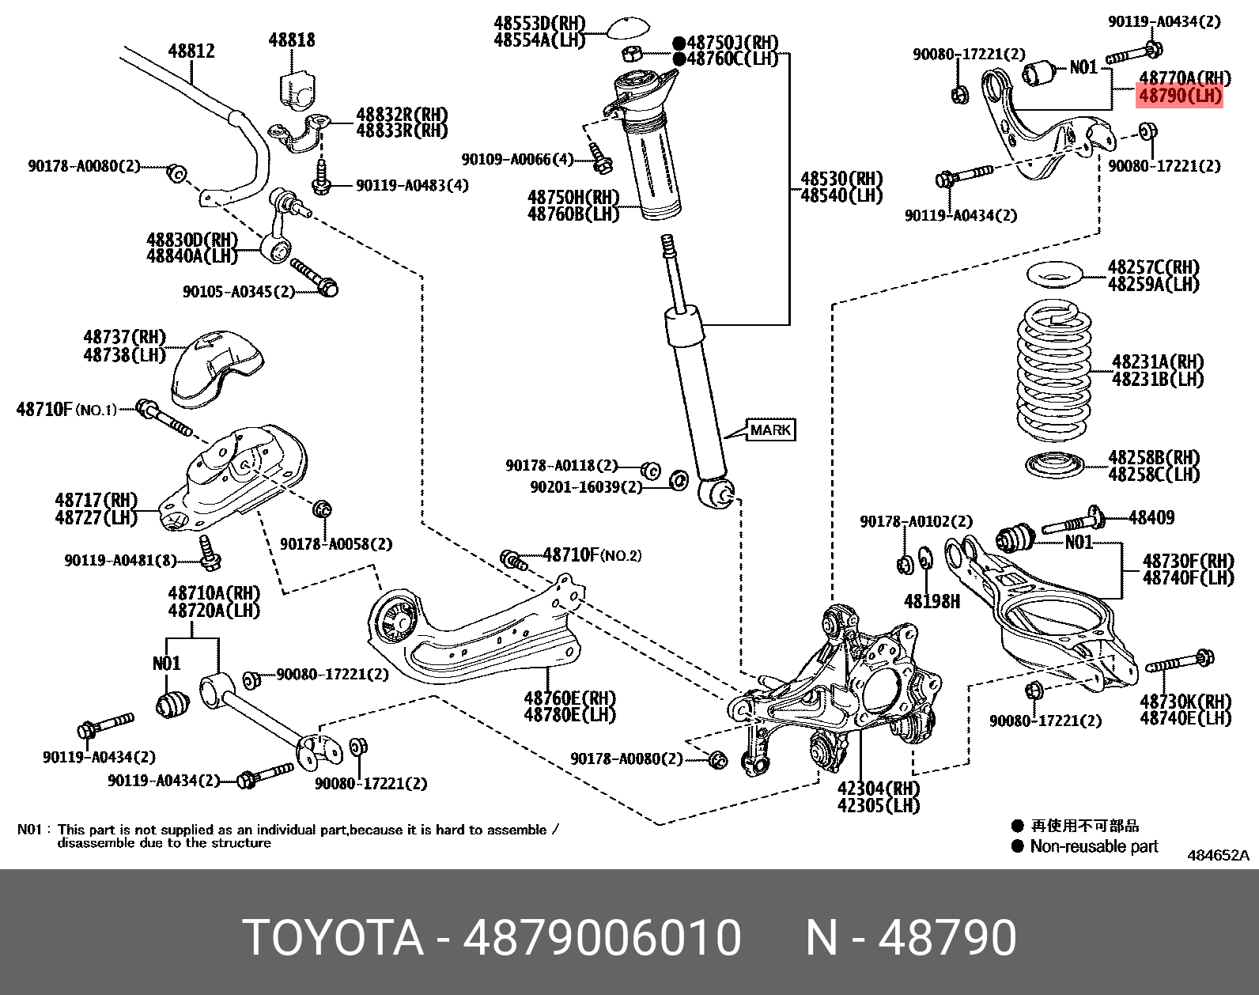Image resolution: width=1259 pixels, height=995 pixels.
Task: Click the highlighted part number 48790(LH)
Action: coord(1179,96)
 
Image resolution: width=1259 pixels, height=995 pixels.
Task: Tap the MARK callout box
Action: coord(769,430)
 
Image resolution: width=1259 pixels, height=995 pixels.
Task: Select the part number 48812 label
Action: coord(191,51)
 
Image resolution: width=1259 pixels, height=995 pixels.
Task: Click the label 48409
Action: coord(1151,518)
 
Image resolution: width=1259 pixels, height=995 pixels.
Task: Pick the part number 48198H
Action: coord(932,602)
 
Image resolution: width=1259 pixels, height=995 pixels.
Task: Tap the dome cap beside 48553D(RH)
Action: coord(630,28)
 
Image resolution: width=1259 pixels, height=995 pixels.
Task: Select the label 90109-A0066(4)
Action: coord(517,160)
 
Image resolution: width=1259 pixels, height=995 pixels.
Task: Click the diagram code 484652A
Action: coord(1218,855)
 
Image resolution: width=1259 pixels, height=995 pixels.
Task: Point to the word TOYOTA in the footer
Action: coord(333,938)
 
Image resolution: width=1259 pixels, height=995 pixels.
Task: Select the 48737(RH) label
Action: coord(124,338)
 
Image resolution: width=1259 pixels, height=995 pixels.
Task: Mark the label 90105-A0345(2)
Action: coord(238,292)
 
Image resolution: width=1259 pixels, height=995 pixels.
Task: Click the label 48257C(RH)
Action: coord(1153,267)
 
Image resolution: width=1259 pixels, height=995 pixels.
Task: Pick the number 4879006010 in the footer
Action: coord(602,938)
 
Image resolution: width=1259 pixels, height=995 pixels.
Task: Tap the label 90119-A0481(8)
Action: coord(120,561)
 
